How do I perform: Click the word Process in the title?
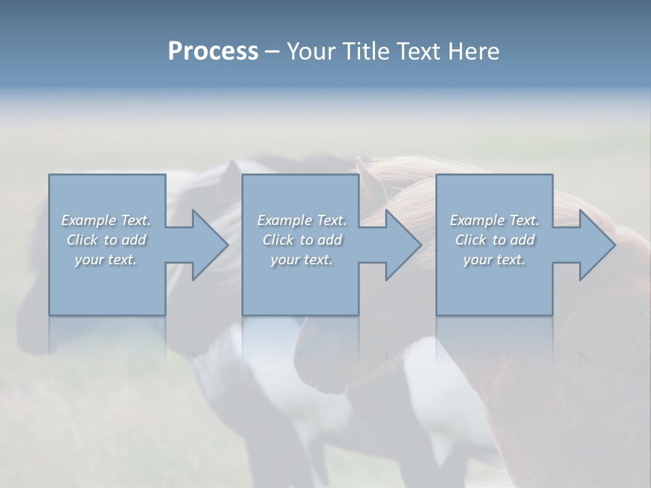pos(213,52)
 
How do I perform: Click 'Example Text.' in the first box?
pos(106,220)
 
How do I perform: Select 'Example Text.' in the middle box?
pos(302,220)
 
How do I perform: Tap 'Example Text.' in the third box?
pos(494,220)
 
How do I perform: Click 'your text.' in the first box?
pos(105,260)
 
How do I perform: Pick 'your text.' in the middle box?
pos(301,260)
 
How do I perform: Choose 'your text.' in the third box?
pos(494,260)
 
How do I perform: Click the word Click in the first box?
pos(81,240)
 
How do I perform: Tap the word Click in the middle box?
pos(277,240)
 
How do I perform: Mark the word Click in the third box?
pos(471,240)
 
